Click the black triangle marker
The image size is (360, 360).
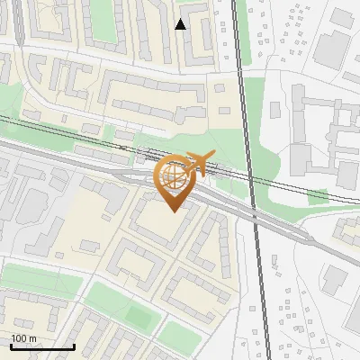click(x=181, y=24)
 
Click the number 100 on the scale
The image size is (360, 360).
click(x=19, y=338)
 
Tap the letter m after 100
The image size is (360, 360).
click(x=32, y=338)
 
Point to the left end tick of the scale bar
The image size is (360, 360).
click(x=11, y=346)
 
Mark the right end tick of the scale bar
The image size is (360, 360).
click(x=73, y=346)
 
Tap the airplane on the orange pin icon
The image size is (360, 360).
click(x=199, y=163)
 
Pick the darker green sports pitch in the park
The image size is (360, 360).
click(x=136, y=316)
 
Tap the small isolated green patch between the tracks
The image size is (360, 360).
click(x=318, y=195)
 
